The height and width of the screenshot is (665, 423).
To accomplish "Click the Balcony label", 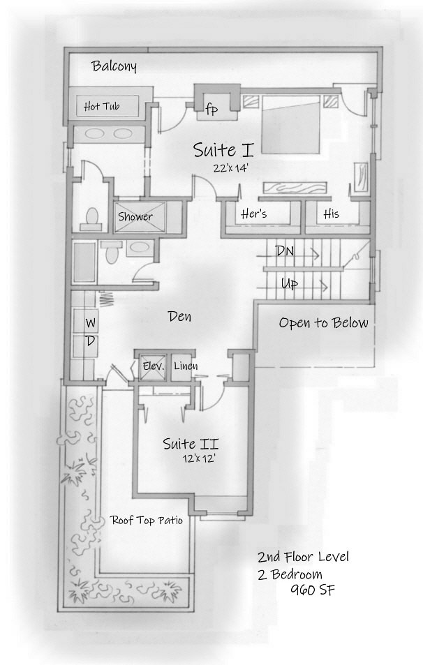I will click(x=114, y=67).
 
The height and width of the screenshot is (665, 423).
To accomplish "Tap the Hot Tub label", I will click(x=101, y=107).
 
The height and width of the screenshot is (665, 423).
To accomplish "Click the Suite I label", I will click(x=223, y=149).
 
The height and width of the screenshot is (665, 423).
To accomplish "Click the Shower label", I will click(x=135, y=216).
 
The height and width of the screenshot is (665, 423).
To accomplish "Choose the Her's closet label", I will click(x=253, y=214).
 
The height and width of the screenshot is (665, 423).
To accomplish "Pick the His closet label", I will click(x=331, y=214).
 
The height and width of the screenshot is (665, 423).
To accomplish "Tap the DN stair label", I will click(x=284, y=251).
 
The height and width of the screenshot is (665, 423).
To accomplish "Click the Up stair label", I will click(x=290, y=284).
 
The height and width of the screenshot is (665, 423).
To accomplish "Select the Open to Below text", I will click(x=323, y=323).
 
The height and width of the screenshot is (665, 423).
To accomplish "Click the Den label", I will click(x=179, y=317).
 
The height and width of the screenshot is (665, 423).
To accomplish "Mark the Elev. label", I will click(x=152, y=366).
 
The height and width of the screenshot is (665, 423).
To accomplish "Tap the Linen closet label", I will click(x=185, y=366).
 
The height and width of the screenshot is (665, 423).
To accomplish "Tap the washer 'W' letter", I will click(x=91, y=323).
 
